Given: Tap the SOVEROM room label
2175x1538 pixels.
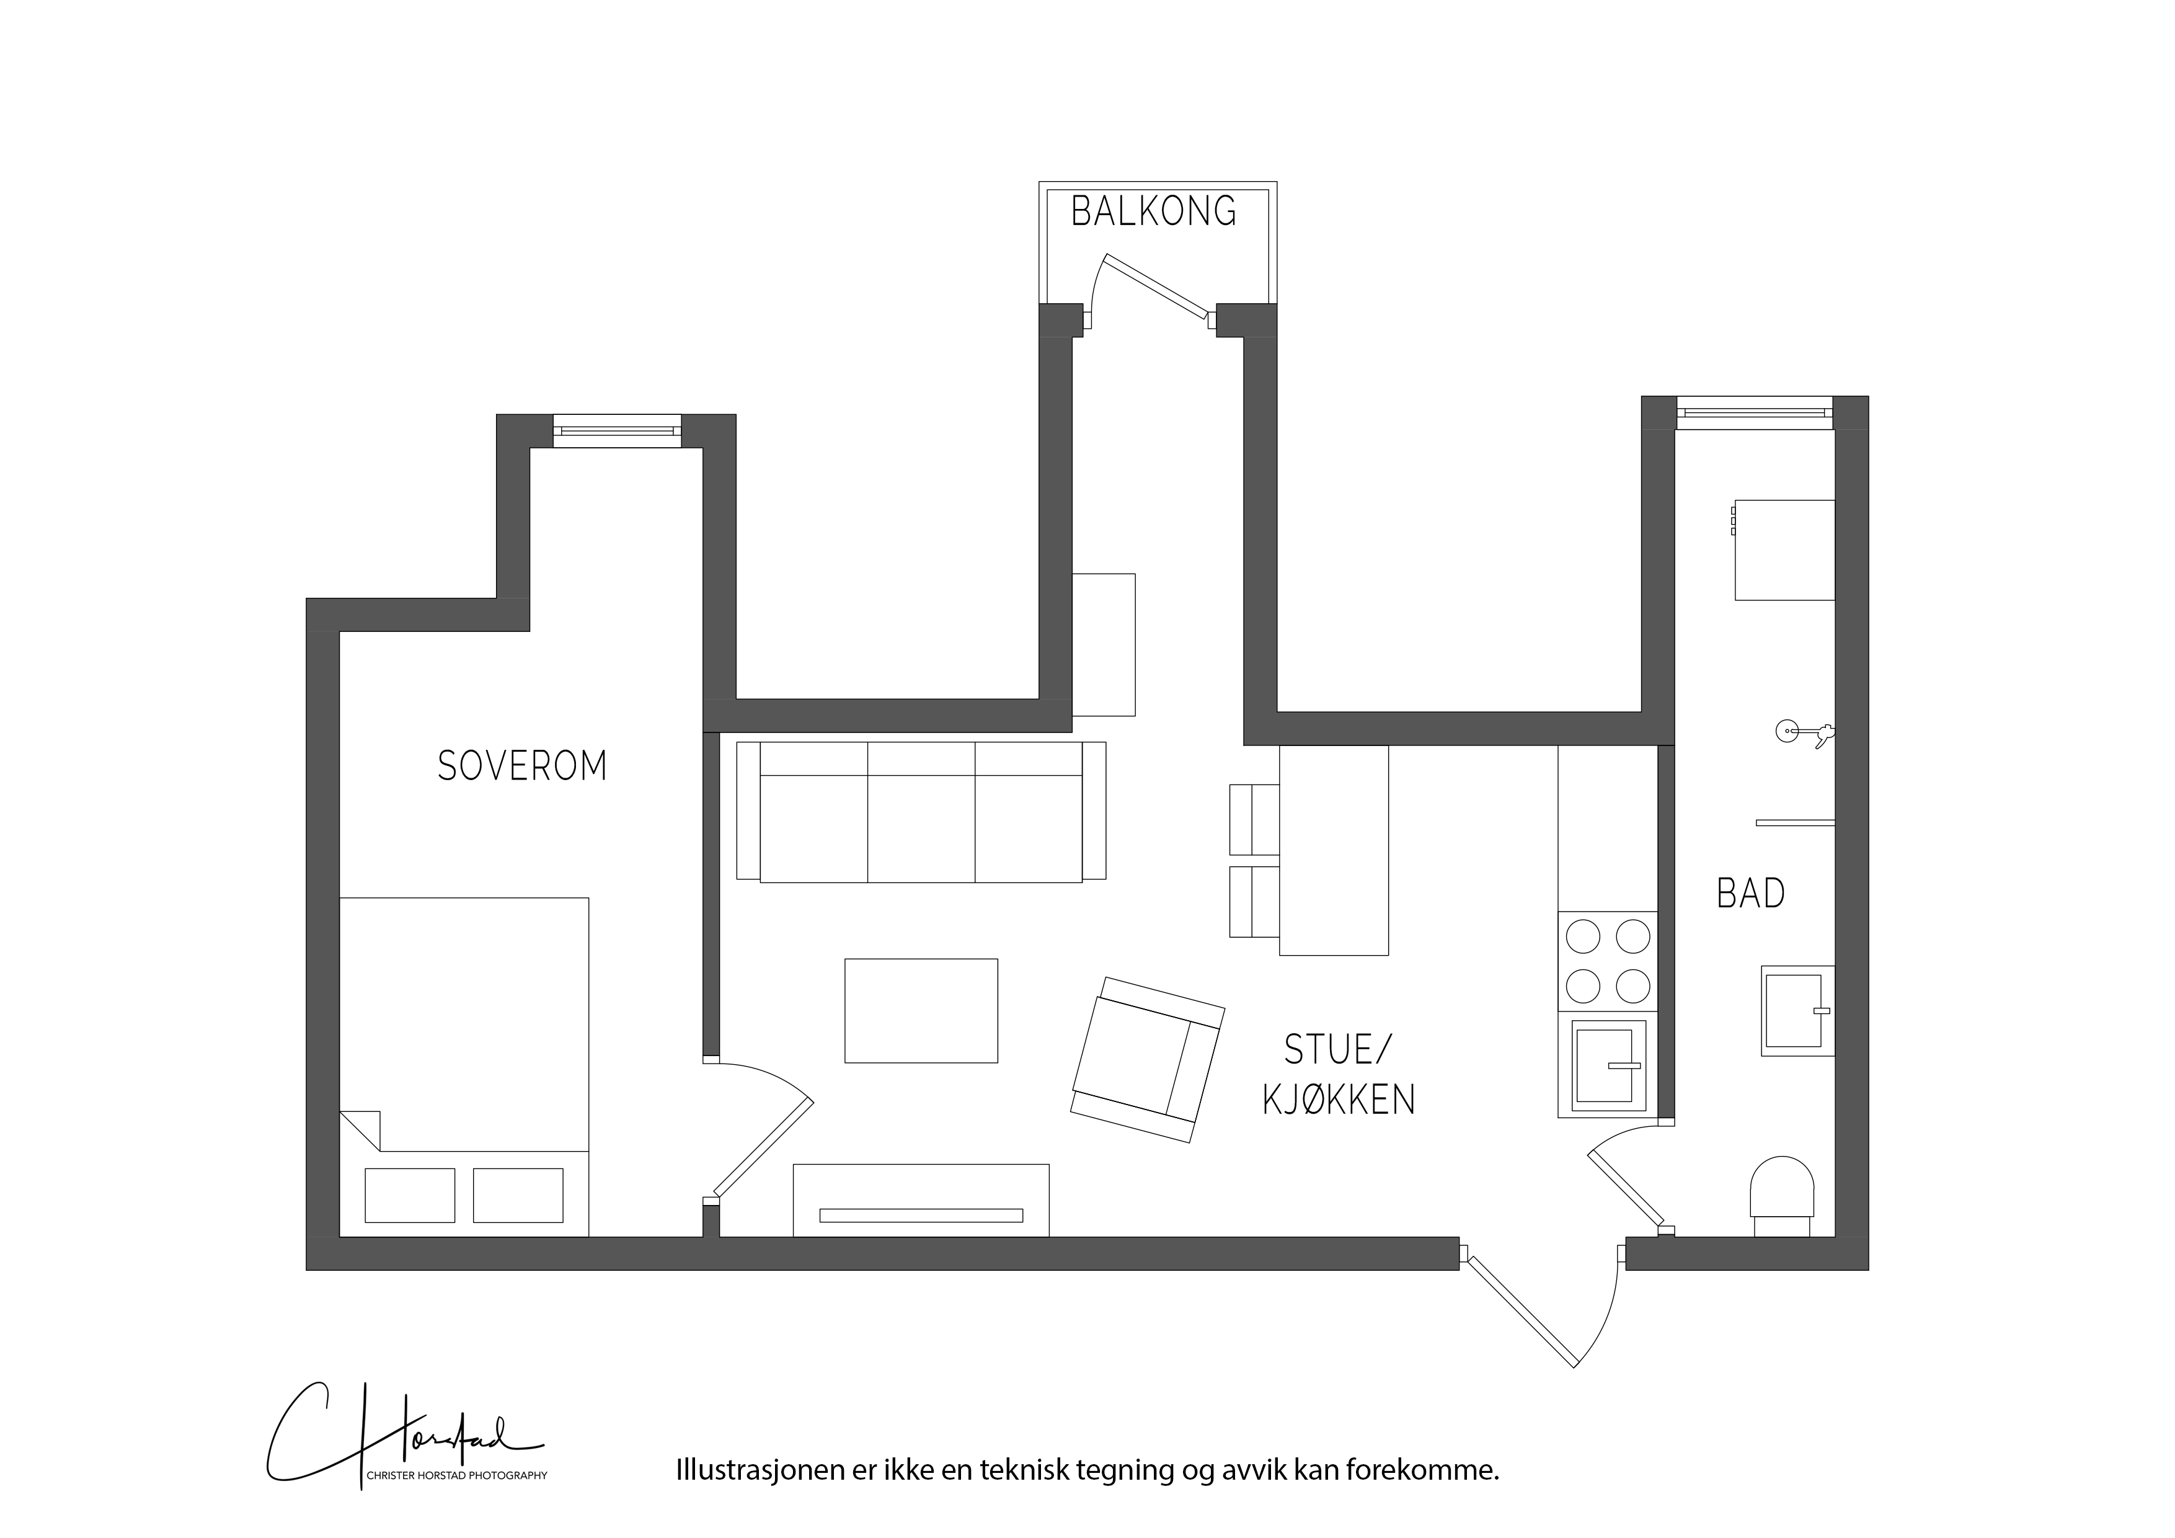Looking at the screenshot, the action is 522,766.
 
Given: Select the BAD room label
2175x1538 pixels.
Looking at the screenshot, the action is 1751,894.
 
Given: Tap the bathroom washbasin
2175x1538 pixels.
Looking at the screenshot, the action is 1797,1010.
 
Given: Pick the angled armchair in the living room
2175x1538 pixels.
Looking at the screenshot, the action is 1147,1059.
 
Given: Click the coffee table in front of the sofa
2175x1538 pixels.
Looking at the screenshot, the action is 921,1010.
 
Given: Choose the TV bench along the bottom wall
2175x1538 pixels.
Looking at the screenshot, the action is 921,1199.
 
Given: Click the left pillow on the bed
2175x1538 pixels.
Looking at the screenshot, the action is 410,1195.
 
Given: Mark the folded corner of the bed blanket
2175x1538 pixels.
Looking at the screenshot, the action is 360,1131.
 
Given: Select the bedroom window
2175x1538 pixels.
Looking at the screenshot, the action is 617,431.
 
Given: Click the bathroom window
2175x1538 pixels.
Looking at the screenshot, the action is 1755,412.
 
